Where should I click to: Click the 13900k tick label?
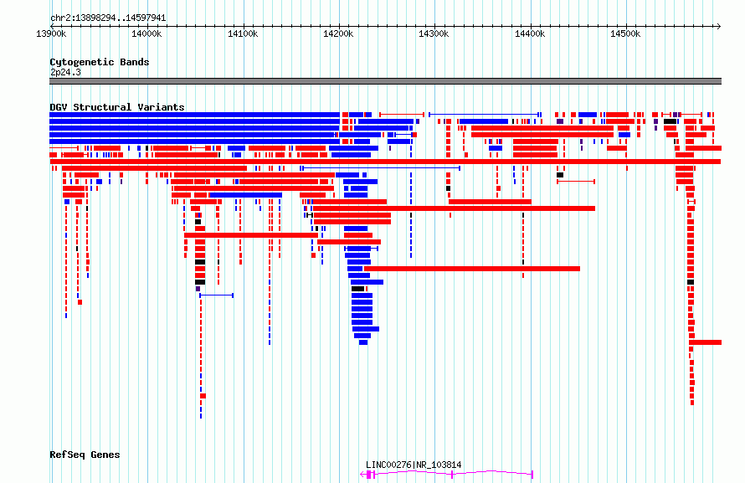[51, 33]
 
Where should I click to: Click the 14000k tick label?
[146, 33]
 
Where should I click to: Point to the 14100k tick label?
[243, 33]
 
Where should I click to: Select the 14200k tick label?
[338, 33]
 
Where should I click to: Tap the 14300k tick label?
[434, 33]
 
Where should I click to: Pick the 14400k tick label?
[530, 33]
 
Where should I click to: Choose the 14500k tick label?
[625, 33]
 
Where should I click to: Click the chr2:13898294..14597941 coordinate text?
[108, 18]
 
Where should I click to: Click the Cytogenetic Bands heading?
[100, 62]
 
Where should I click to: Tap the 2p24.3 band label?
[65, 72]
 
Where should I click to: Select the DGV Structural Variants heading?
[117, 107]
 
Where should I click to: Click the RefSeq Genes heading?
[85, 455]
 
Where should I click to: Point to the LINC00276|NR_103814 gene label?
[414, 465]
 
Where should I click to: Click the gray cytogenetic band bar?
[385, 81]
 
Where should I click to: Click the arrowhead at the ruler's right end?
[719, 26]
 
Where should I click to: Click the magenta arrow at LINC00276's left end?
[363, 474]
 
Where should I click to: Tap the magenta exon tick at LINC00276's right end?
[532, 474]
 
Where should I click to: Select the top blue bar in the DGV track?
[195, 115]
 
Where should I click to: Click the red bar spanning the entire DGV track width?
[385, 162]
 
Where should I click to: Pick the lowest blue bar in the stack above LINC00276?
[363, 342]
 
